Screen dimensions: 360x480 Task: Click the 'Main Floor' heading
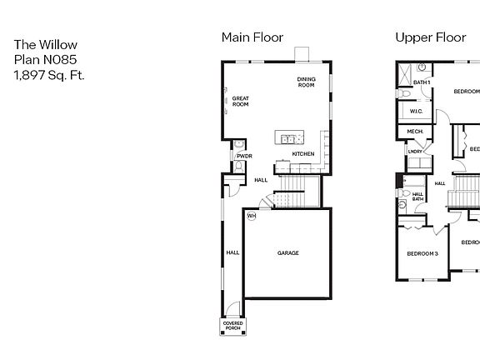pos(252,37)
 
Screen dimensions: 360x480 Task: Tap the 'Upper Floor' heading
pos(429,37)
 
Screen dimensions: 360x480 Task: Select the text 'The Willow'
pos(40,45)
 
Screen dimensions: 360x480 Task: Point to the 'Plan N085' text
pos(42,60)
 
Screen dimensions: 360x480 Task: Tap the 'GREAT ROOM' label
pos(241,102)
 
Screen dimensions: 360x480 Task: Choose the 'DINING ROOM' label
pos(306,82)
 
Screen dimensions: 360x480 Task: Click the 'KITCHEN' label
pos(302,154)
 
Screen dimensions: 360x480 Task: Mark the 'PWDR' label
pos(244,156)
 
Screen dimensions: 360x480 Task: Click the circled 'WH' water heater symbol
pos(251,216)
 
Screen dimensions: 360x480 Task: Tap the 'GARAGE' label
pos(288,253)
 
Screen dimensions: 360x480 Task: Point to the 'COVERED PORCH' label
pos(232,326)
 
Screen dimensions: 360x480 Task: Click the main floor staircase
pos(293,193)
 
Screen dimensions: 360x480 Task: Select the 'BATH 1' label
pos(422,82)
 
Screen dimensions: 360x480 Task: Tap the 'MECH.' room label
pos(414,132)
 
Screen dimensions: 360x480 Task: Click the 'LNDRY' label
pos(414,151)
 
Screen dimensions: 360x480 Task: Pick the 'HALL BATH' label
pos(417,197)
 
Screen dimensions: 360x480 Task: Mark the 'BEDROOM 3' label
pos(422,253)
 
